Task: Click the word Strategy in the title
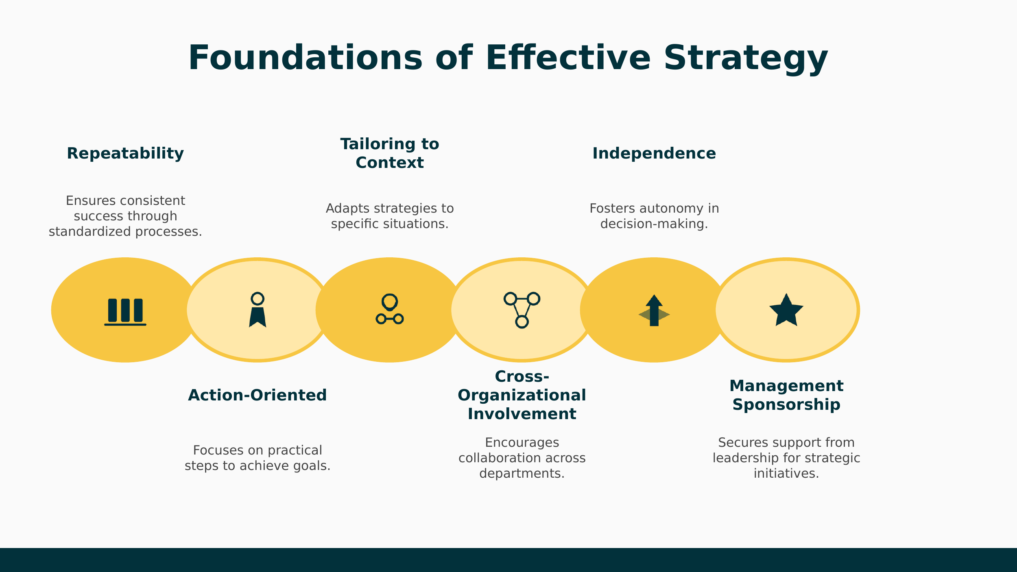pos(745,58)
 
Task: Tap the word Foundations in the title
pos(305,58)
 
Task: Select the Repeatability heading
pos(125,154)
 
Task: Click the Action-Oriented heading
pos(257,395)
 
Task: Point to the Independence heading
pos(654,154)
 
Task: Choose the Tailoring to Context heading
pos(390,153)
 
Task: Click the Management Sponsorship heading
pos(786,395)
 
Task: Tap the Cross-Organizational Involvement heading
pos(522,395)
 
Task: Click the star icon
pos(786,311)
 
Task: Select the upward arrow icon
pos(654,311)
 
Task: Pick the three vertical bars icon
pos(125,311)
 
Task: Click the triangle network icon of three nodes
pos(522,310)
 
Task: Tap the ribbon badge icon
pos(258,310)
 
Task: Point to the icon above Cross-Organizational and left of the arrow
pos(522,310)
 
